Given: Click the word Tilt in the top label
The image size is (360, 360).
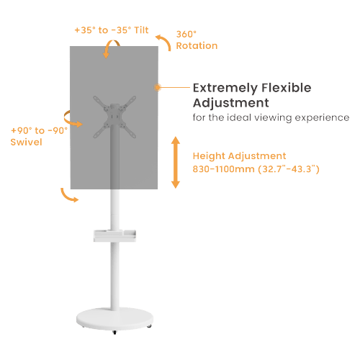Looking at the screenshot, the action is pyautogui.click(x=141, y=30).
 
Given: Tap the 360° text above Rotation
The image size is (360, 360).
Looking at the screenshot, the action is pyautogui.click(x=186, y=34).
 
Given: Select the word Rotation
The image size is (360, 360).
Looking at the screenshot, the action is pyautogui.click(x=197, y=45).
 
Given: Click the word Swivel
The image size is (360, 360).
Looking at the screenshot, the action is pyautogui.click(x=27, y=142).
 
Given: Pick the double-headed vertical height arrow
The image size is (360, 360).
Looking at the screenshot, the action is pyautogui.click(x=176, y=163).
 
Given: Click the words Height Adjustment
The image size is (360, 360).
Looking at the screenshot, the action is pyautogui.click(x=239, y=156).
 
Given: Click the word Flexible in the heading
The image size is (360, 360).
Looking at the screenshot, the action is pyautogui.click(x=287, y=88).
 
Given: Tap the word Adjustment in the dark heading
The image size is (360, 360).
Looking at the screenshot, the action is pyautogui.click(x=231, y=103).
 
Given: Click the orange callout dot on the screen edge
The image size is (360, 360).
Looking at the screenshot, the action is pyautogui.click(x=158, y=87).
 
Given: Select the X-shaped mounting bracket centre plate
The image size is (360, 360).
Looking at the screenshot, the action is pyautogui.click(x=114, y=117).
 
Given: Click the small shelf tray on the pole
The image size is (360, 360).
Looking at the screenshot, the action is pyautogui.click(x=114, y=235).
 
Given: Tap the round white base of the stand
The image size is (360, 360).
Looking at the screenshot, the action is pyautogui.click(x=114, y=319).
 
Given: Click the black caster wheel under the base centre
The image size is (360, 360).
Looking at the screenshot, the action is pyautogui.click(x=114, y=333).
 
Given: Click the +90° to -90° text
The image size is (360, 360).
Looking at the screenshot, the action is pyautogui.click(x=39, y=130).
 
